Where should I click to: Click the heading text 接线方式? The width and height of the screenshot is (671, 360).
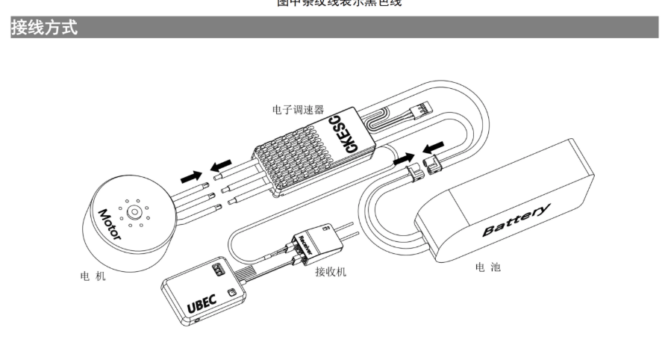click(x=44, y=28)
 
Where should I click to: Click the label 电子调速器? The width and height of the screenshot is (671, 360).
click(x=298, y=109)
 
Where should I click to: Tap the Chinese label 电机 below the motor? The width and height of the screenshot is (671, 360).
click(x=93, y=276)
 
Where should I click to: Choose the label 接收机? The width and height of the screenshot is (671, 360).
click(x=330, y=272)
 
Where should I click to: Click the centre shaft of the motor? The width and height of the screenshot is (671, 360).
click(x=134, y=211)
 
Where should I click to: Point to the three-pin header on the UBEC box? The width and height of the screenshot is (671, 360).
click(x=219, y=267)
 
